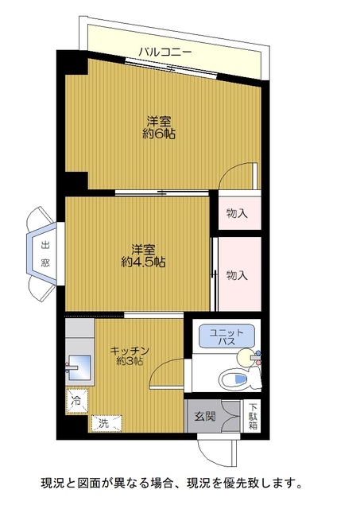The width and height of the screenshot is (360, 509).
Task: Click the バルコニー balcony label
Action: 165,52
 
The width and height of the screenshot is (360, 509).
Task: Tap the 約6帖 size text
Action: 159,134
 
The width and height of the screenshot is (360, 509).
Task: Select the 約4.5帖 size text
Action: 143,262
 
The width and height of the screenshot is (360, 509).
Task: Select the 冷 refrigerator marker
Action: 75,399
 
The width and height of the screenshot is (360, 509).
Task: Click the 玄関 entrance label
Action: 203,415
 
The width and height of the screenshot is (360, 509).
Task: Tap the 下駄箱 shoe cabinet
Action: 252,416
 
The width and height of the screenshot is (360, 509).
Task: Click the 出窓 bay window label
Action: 45,251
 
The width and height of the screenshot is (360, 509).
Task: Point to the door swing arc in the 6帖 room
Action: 238,173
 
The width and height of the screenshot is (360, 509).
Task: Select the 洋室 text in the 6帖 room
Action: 159,122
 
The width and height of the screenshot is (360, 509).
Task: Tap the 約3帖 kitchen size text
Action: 130,362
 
